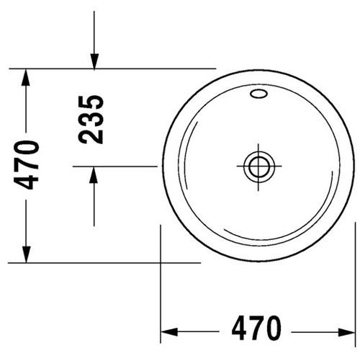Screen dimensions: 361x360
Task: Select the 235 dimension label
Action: pos(91,118)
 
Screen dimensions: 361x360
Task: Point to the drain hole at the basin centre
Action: pos(256,165)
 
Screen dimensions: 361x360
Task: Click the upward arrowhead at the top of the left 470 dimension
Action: pos(26,76)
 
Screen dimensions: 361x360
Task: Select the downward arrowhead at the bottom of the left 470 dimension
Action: pos(26,255)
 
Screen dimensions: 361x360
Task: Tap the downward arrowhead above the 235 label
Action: pos(94,61)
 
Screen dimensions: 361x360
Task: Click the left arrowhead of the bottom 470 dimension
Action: pos(167,332)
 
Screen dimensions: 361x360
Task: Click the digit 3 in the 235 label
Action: pos(91,118)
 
